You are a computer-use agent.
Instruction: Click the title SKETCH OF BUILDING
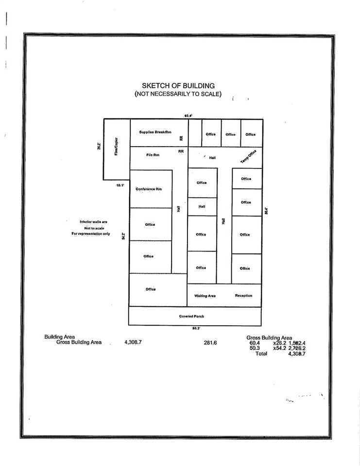tap(178, 86)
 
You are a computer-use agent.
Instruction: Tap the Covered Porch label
tap(191, 316)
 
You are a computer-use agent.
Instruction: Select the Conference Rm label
tap(149, 189)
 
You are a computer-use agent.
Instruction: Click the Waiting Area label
tap(205, 296)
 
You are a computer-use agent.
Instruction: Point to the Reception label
tap(243, 296)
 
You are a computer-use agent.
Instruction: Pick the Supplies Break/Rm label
tap(155, 133)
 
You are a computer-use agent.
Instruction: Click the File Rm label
tap(153, 155)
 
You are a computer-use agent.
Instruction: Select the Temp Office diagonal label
tap(248, 156)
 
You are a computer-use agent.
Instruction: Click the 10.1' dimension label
tap(120, 185)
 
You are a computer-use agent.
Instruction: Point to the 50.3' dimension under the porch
tap(196, 329)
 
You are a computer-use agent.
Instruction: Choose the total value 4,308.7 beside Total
tap(296, 354)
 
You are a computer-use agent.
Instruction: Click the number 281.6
tap(210, 343)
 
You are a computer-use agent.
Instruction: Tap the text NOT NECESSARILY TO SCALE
tap(178, 94)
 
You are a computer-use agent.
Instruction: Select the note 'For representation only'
tap(90, 234)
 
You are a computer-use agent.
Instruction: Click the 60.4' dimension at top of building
tap(189, 116)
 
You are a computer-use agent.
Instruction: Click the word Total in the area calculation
tap(261, 354)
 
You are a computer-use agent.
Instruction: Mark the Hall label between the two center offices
tap(202, 206)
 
